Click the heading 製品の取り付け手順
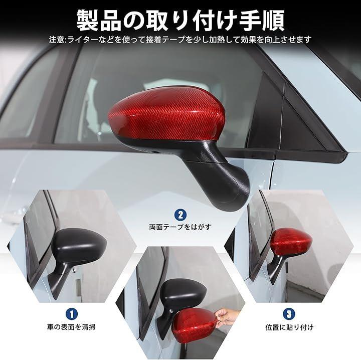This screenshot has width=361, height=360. (x=180, y=20)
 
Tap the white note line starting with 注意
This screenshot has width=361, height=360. (x=180, y=40)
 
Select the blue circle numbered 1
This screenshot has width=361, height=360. (x=72, y=314)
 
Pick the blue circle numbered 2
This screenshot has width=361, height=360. (x=180, y=215)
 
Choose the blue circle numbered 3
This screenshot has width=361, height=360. (x=289, y=314)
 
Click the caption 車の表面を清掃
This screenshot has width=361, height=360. (x=71, y=327)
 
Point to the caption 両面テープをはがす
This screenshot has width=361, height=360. (x=180, y=228)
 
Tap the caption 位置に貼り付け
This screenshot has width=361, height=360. (x=289, y=327)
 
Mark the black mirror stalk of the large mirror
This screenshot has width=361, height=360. (x=219, y=175)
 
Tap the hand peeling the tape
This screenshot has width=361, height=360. (x=227, y=316)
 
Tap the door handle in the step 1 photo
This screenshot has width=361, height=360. (x=79, y=288)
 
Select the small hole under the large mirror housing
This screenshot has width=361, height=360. (x=154, y=152)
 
